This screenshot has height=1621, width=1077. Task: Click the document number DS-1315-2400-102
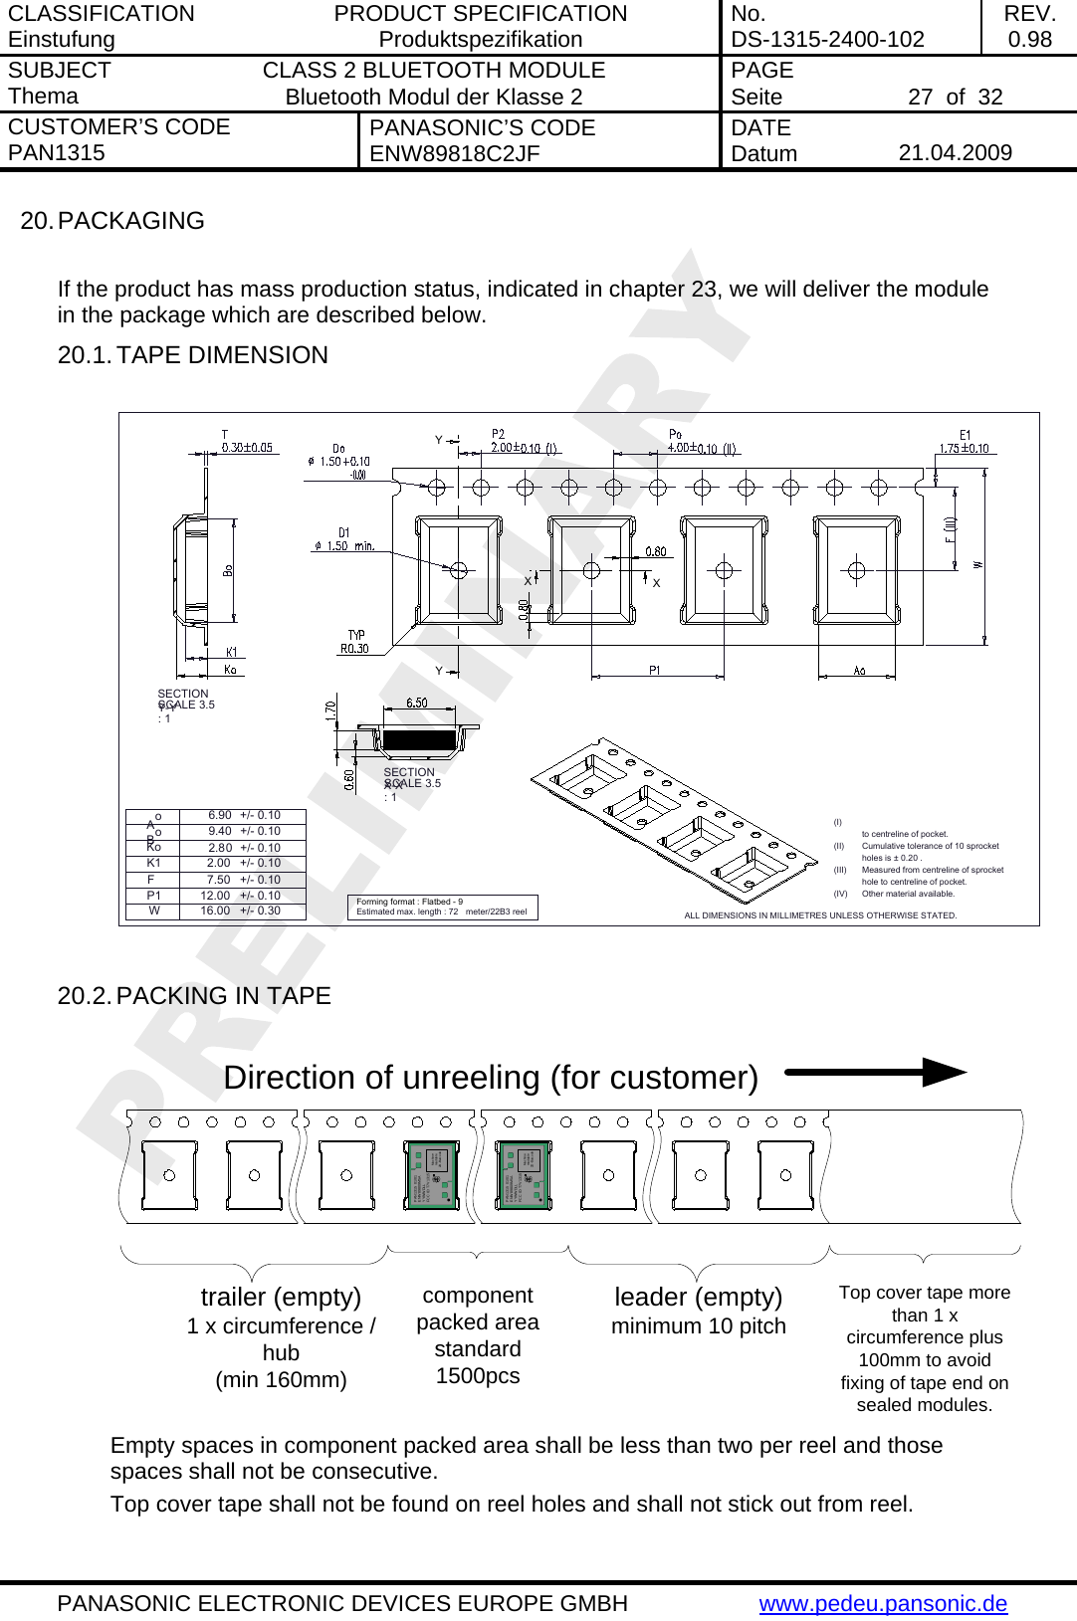tap(827, 40)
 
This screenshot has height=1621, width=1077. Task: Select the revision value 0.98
tap(1029, 40)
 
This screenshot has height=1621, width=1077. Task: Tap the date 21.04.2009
tap(955, 153)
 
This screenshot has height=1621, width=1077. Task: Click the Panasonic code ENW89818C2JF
tap(454, 154)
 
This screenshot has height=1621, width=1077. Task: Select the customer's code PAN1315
tap(57, 153)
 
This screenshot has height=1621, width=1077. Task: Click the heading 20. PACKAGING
tap(112, 221)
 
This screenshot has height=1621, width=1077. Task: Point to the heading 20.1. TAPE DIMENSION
tap(192, 355)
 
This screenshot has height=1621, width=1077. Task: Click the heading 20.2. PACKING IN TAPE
tap(194, 996)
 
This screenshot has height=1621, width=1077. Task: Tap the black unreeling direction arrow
tap(875, 1073)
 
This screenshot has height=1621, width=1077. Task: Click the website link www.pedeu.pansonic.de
tap(883, 1604)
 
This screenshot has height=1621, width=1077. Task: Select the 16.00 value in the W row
tap(215, 911)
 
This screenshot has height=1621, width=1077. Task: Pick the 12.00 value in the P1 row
tap(215, 896)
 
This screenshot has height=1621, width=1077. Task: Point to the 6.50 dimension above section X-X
tap(416, 703)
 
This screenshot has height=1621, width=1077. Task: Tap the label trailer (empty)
tap(281, 1298)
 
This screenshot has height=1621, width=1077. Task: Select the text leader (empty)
tap(698, 1298)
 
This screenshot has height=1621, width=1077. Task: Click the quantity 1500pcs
tap(478, 1376)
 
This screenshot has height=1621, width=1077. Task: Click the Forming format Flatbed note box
tap(442, 907)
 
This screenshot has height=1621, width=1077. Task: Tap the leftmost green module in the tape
tap(433, 1175)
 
